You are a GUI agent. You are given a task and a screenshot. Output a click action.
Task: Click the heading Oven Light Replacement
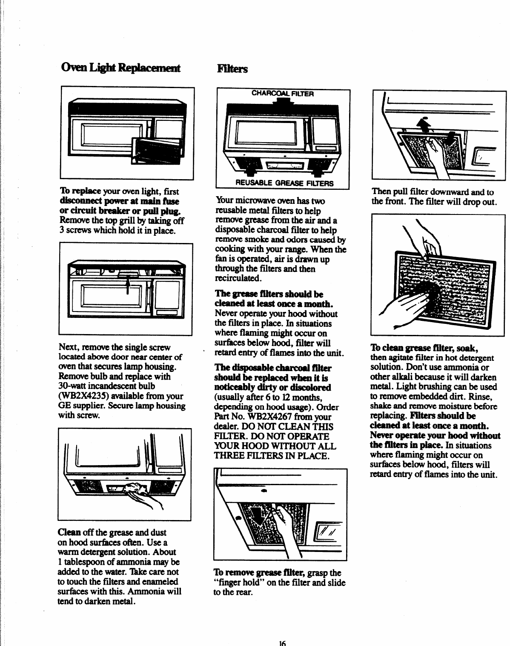coord(120,69)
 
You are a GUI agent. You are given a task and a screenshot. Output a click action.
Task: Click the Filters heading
coord(232,69)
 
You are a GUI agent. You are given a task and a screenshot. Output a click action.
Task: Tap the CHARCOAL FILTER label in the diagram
coord(283,94)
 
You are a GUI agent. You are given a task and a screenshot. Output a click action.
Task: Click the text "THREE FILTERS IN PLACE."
coord(272,456)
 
